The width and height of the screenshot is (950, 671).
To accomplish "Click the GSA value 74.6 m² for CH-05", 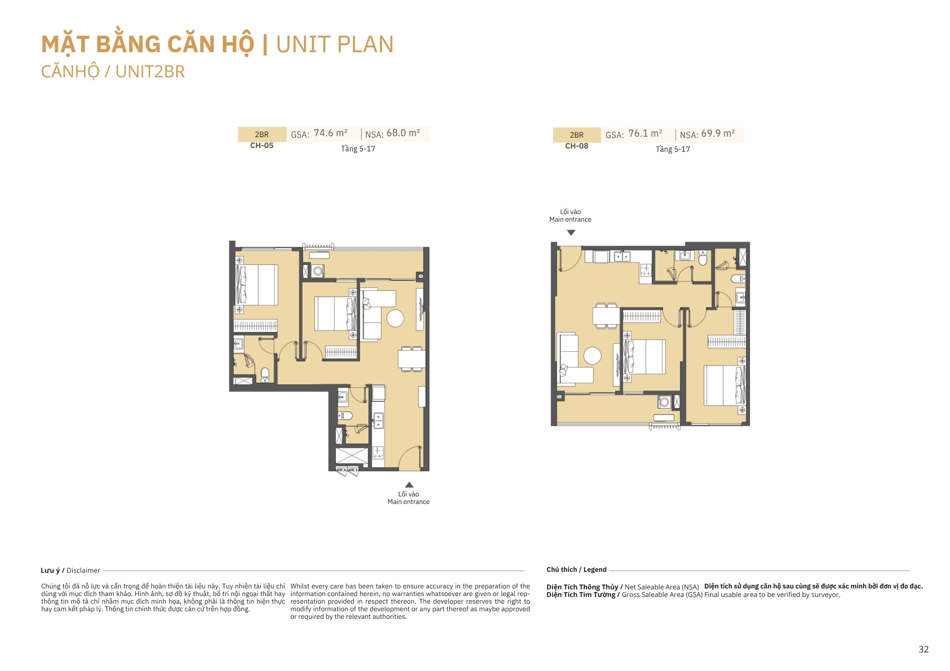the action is click(x=331, y=133).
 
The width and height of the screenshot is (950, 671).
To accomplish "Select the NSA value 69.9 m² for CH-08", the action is click(x=718, y=134).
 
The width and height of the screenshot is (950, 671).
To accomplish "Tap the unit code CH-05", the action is click(x=262, y=146).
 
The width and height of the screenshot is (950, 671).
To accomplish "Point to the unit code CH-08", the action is click(x=577, y=146).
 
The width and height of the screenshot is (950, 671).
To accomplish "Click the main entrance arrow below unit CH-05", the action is click(x=409, y=485).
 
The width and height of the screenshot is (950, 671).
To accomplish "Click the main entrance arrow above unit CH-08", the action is click(x=571, y=233).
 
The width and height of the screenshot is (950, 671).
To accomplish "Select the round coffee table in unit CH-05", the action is click(x=395, y=318).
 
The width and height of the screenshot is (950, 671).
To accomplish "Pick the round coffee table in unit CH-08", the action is click(x=592, y=355).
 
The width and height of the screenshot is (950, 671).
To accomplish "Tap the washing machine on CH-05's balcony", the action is click(x=318, y=271).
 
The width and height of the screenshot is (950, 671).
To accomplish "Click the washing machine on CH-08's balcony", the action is click(x=664, y=402).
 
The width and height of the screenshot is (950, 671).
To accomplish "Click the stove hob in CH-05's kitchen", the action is click(x=378, y=453).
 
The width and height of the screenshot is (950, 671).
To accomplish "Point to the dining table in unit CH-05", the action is click(x=411, y=359).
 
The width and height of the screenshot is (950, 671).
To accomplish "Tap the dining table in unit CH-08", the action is click(x=606, y=316).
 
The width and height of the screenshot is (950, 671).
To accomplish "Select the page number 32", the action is click(x=923, y=649).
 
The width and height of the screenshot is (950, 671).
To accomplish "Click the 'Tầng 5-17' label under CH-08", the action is click(x=673, y=149).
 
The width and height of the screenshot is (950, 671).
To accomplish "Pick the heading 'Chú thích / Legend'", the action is click(x=576, y=569).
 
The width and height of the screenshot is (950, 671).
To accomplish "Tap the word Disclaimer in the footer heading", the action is click(x=83, y=570).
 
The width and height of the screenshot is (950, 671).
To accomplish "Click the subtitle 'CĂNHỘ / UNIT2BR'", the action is click(x=113, y=72).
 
